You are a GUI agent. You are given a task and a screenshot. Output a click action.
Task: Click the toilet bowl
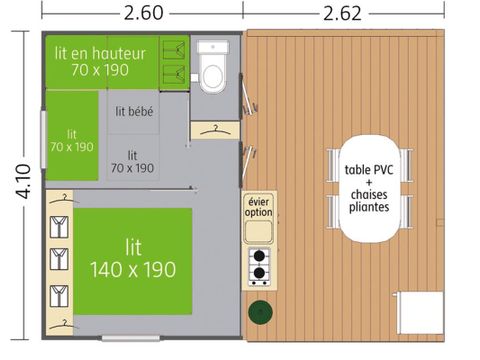point(212,73)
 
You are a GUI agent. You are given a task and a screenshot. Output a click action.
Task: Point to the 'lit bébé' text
point(134,112)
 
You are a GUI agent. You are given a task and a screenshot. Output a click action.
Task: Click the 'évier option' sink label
point(259,206)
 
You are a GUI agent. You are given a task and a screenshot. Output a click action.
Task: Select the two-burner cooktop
point(259,264)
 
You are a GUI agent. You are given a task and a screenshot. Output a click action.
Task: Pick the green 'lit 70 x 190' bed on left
point(72,139)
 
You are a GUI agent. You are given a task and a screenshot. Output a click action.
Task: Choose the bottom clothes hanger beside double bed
point(58,294)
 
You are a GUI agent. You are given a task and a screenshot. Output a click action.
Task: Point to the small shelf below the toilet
point(213,129)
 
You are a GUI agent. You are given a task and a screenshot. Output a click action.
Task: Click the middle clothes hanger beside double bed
point(58,258)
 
